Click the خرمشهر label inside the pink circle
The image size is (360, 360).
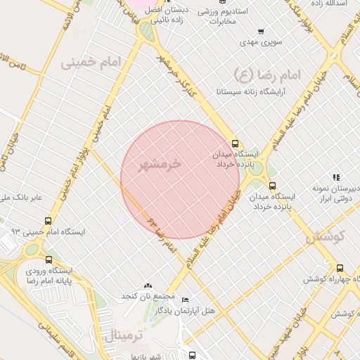click(160, 165)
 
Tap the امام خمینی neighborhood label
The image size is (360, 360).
click(90, 62)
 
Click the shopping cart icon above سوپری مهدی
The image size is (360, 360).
click(261, 31)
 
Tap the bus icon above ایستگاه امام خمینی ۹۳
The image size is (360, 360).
click(48, 221)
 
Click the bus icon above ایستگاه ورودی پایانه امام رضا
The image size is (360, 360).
click(48, 259)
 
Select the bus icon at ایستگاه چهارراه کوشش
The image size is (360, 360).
click(340, 268)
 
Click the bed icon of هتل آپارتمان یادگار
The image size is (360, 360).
click(185, 300)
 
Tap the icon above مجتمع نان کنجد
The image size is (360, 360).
click(148, 286)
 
